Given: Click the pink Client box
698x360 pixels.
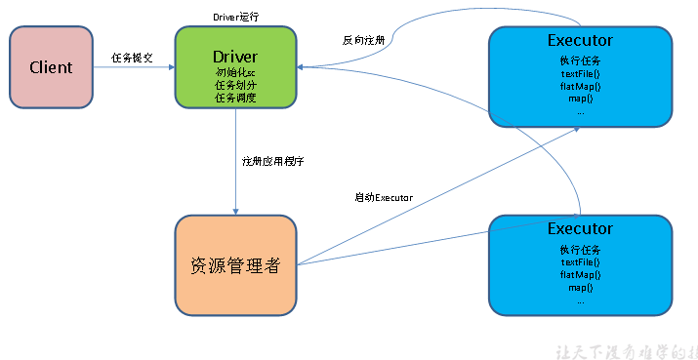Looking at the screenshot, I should click(51, 67).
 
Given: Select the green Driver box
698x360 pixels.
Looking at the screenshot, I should click(234, 66).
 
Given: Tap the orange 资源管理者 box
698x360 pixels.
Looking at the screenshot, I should click(234, 264).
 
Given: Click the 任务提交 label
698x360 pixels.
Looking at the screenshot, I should click(132, 57).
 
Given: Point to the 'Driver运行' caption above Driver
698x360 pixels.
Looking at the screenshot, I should click(235, 17).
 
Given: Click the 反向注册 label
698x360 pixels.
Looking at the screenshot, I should click(362, 41).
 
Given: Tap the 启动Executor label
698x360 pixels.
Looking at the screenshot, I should click(384, 197).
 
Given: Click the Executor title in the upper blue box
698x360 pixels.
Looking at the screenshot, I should click(580, 40).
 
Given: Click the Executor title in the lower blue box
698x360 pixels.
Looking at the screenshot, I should click(580, 228).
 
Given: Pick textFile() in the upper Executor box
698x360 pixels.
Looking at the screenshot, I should click(580, 73).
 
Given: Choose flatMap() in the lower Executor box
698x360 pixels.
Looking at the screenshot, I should click(580, 275).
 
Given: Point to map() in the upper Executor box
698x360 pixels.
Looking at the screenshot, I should click(580, 99).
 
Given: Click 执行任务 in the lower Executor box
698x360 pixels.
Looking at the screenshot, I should click(580, 250).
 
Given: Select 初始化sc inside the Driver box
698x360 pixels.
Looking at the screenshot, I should click(234, 72).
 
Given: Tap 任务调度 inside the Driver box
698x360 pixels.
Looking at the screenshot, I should click(234, 97).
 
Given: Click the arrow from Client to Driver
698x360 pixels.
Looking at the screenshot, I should click(133, 67).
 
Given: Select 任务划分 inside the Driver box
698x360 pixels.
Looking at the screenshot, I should click(234, 85).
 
